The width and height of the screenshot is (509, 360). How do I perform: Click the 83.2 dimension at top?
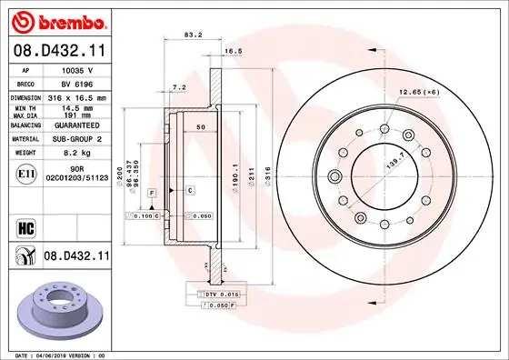[x=193, y=35]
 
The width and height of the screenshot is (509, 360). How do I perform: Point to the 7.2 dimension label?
[x=179, y=87]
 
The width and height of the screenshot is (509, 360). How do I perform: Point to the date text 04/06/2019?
[x=68, y=355]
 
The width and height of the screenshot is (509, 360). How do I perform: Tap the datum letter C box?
[x=190, y=189]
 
